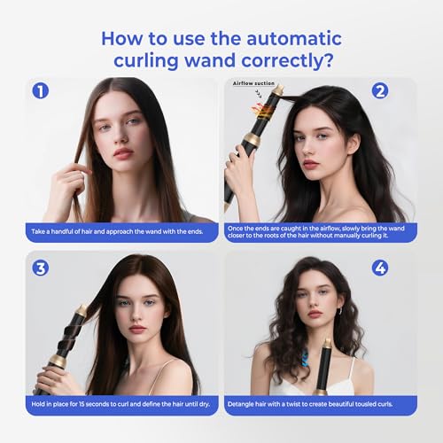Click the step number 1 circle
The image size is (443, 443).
pos(38,91)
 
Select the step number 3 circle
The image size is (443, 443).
pos(38,268)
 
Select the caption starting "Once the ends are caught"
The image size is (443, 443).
pos(321,232)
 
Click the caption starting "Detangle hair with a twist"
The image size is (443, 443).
pos(321,404)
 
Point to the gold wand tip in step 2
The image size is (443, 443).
pos(277,91)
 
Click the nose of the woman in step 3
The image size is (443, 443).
pos(136,314)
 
